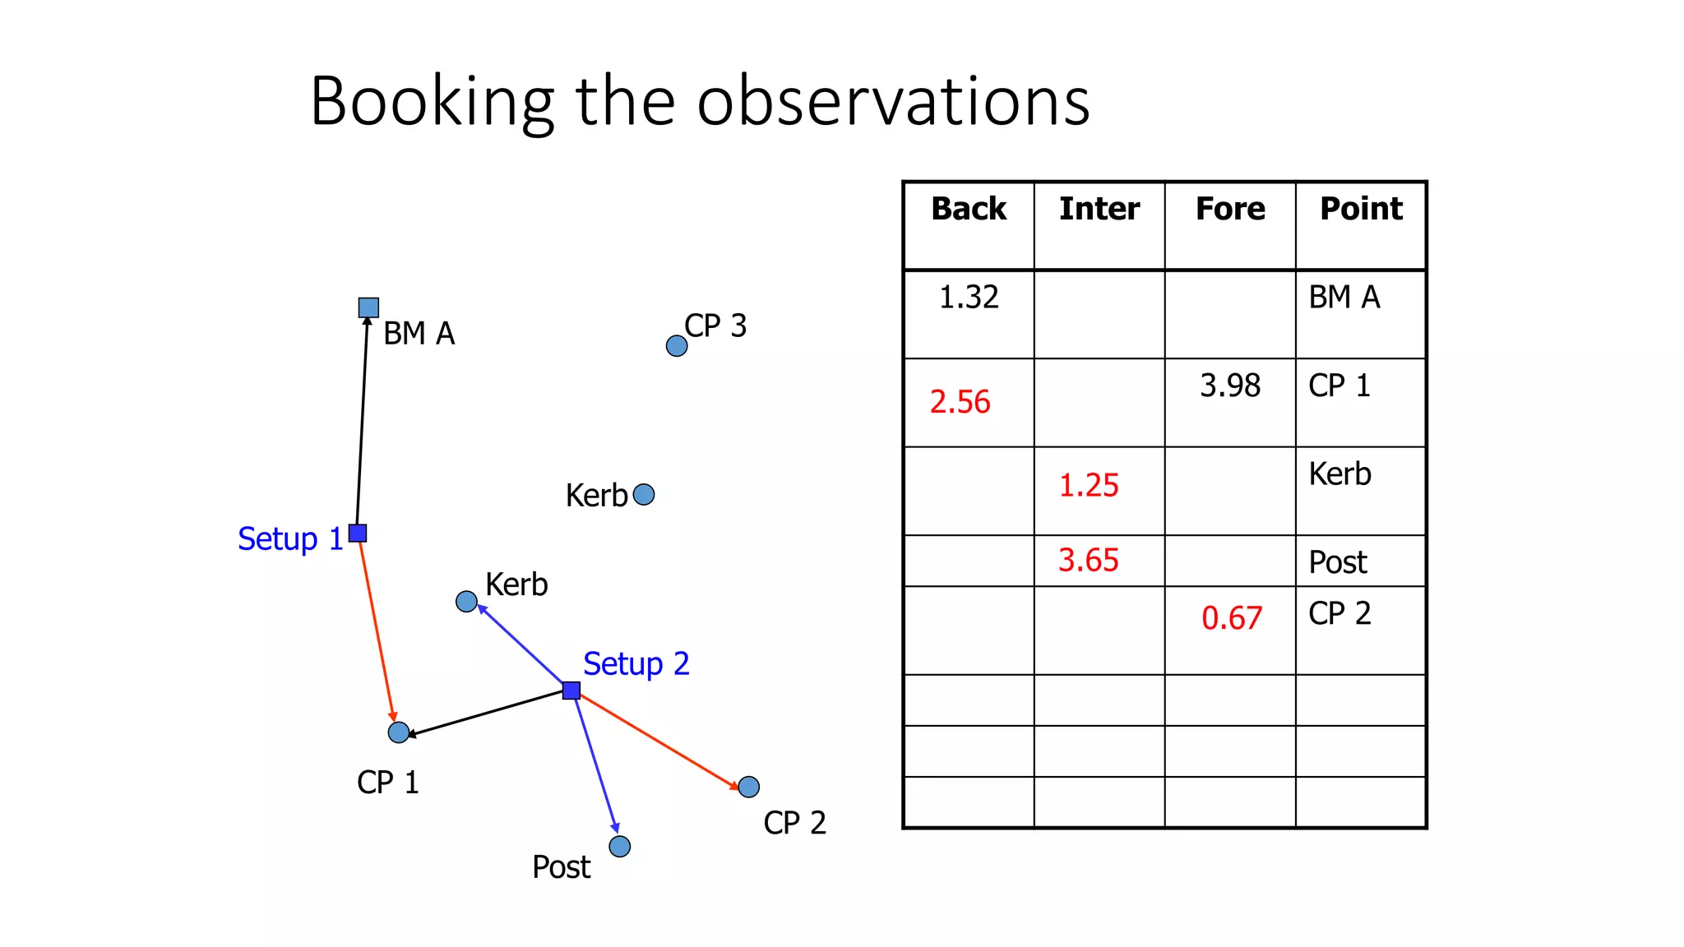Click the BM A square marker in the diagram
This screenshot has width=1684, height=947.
pos(368,307)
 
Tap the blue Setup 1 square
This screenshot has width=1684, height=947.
pos(358,533)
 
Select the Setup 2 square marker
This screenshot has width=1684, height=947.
pos(571,690)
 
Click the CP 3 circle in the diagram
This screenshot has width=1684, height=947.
pos(677,346)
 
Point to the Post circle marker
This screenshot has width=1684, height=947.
pos(620,846)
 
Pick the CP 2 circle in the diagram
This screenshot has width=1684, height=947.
pos(748,787)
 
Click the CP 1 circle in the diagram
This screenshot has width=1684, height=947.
pos(399,732)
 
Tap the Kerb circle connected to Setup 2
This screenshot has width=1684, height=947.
pos(466,602)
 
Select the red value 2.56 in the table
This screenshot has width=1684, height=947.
pos(960,402)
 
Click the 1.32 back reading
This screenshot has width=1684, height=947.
pos(969,297)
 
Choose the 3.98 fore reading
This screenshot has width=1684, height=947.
pos(1230,386)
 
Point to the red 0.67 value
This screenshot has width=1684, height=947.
pos(1231,618)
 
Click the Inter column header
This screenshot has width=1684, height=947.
pos(1099,209)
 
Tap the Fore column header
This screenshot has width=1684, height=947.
pos(1230,209)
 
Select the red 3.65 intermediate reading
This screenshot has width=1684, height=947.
pos(1088,561)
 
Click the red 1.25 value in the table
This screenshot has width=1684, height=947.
pos(1088,485)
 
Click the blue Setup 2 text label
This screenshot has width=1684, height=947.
pos(636,663)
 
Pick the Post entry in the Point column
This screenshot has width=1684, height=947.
pos(1337,562)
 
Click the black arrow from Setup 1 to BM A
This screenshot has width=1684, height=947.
pos(363,419)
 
